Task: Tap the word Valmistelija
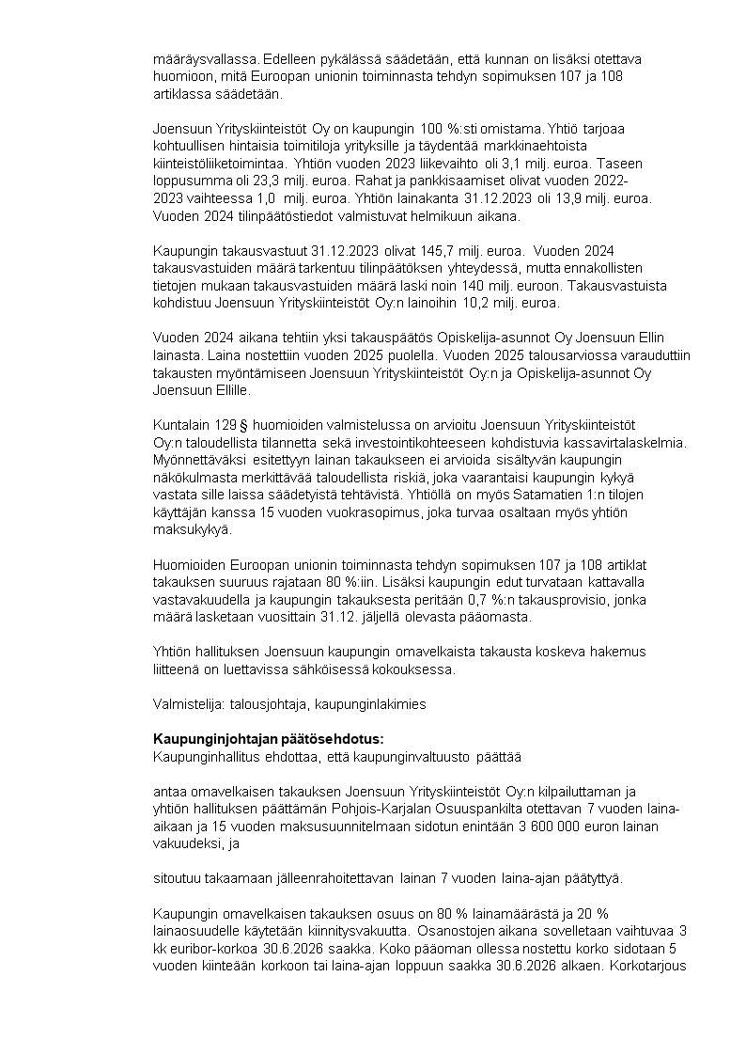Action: (x=185, y=701)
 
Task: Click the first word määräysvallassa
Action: (x=201, y=58)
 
